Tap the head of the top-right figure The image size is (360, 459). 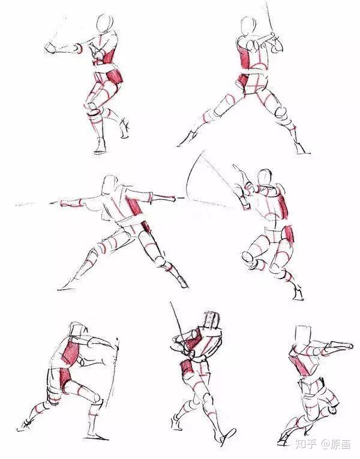tap(248, 26)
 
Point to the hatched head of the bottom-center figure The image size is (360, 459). tap(212, 320)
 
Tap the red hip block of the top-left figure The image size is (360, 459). tap(115, 77)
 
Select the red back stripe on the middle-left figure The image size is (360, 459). tap(135, 207)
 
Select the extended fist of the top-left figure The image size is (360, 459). tap(50, 49)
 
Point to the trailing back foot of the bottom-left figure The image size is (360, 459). tap(26, 425)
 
